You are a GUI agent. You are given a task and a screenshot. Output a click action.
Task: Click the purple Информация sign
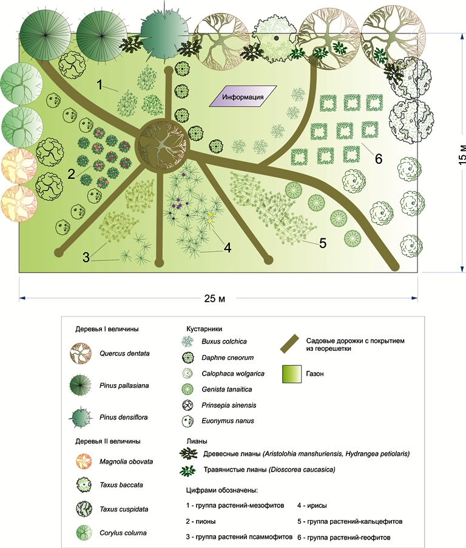241,97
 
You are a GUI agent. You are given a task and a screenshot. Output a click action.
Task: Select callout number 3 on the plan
87,257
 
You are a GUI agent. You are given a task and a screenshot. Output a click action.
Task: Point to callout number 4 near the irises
227,248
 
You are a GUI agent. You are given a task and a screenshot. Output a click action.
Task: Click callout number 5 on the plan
322,243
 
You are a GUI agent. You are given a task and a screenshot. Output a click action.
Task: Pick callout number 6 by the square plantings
378,160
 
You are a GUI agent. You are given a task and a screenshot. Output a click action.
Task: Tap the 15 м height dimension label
462,155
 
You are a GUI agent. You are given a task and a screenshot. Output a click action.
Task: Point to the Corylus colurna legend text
124,533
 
